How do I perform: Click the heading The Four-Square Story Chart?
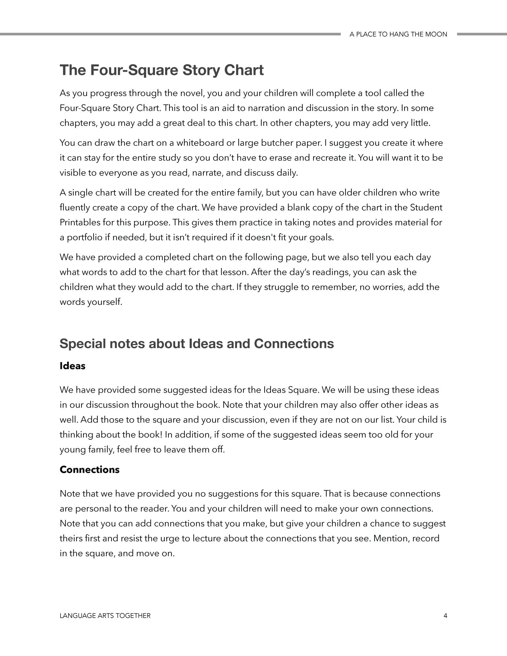[x=161, y=70]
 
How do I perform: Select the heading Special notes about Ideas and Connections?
[x=197, y=344]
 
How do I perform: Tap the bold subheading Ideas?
[x=72, y=366]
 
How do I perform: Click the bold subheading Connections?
[x=89, y=470]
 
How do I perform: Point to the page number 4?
[x=445, y=616]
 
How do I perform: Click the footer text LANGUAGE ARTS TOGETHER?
[x=105, y=616]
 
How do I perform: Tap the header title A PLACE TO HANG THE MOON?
[x=398, y=34]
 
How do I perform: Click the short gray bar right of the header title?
[x=482, y=34]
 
